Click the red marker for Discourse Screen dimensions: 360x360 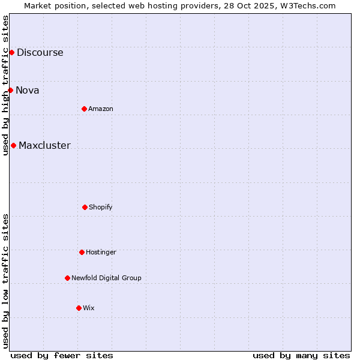tap(11, 52)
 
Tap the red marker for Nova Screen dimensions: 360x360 tap(10, 90)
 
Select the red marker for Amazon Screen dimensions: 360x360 tap(84, 109)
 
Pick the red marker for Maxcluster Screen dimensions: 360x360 tap(13, 145)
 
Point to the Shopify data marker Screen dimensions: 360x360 tap(85, 207)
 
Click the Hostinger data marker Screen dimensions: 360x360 tap(82, 252)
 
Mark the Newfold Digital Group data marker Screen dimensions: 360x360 tap(67, 278)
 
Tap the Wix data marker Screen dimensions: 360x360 tap(79, 308)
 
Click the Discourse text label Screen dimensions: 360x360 tap(40, 52)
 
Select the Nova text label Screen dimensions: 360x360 tap(27, 90)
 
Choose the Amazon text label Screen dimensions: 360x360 tap(101, 109)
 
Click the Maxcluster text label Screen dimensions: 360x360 tap(44, 145)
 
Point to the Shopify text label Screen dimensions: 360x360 tap(101, 207)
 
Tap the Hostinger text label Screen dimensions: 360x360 tap(101, 252)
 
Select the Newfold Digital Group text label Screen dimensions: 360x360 tap(106, 278)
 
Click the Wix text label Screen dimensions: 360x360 tap(89, 308)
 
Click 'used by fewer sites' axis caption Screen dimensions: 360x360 tap(62, 355)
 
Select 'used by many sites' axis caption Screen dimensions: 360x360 tap(301, 355)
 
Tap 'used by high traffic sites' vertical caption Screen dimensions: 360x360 tap(5, 85)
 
